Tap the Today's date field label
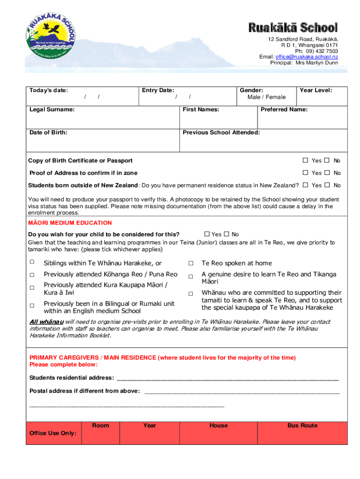click(x=49, y=90)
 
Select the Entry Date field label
click(x=158, y=90)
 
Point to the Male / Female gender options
click(x=266, y=97)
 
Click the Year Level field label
click(x=316, y=90)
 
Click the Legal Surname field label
click(x=52, y=109)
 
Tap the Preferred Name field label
click(x=284, y=109)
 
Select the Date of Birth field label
click(x=48, y=132)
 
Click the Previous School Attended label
click(x=221, y=132)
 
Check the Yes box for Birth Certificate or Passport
click(x=305, y=160)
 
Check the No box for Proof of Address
click(x=327, y=173)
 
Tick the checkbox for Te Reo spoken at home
click(x=191, y=263)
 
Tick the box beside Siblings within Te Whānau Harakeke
click(x=32, y=262)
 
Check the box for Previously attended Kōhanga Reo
click(x=32, y=274)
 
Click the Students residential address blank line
click(x=227, y=378)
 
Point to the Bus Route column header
click(x=302, y=425)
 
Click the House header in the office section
click(x=219, y=425)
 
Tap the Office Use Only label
click(x=53, y=433)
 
